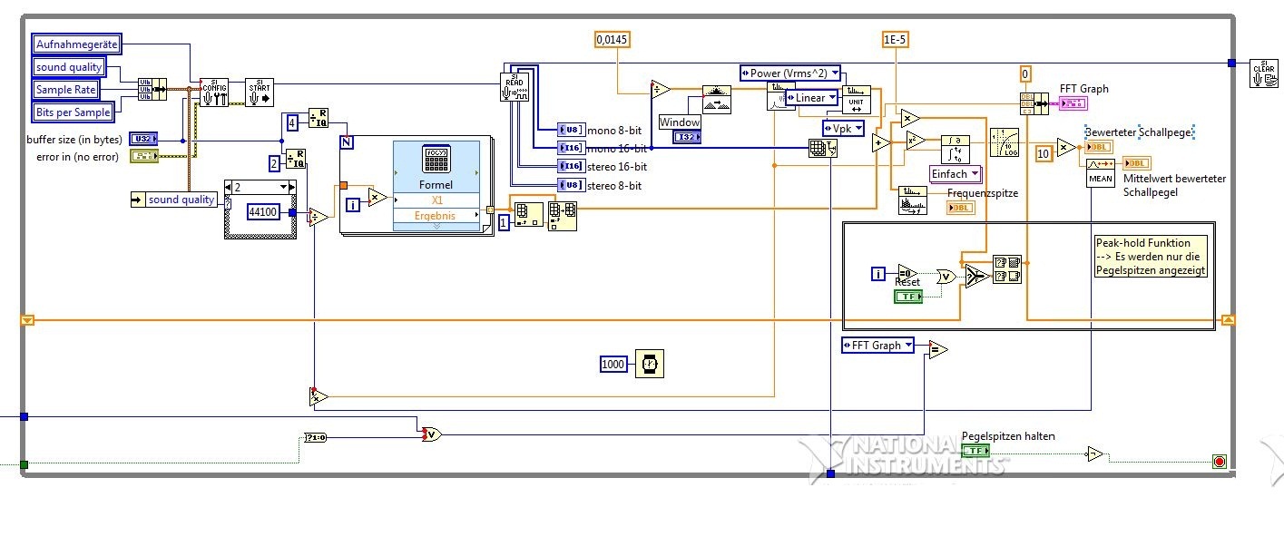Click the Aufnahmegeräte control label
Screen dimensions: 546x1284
(76, 44)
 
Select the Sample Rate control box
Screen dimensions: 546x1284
(65, 90)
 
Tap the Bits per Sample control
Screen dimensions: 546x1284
(74, 112)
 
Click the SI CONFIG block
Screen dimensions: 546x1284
(214, 92)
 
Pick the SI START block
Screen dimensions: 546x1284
(260, 92)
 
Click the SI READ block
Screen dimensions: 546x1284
(515, 86)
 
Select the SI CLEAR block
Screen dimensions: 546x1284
(1263, 73)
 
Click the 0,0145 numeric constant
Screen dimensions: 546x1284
(613, 39)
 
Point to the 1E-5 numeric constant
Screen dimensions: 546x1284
(896, 39)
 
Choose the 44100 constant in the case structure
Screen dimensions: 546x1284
(267, 211)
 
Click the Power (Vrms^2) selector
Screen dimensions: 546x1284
(790, 73)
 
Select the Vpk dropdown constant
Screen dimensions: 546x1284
(843, 128)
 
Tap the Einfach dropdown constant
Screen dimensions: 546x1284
(956, 174)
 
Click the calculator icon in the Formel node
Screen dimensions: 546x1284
(436, 160)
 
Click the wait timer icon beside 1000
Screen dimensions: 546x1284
(649, 364)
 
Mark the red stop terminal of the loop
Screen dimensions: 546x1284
(1219, 462)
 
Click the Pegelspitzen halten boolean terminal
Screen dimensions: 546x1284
(975, 451)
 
